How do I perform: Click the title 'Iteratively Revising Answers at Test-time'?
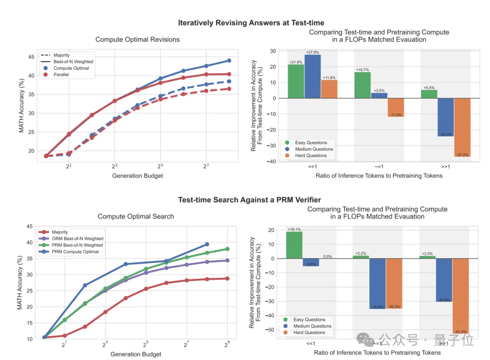(x=251, y=23)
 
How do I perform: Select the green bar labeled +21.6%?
(x=296, y=81)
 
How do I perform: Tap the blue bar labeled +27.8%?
(x=313, y=76)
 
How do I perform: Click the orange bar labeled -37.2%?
(x=462, y=127)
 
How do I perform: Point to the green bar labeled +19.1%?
(x=294, y=245)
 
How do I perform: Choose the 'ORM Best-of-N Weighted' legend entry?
(x=78, y=238)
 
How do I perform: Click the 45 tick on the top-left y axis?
(x=31, y=57)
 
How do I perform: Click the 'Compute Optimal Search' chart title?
(x=136, y=217)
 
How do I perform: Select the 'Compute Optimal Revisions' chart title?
(x=137, y=39)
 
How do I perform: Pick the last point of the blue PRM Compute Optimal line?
(x=207, y=244)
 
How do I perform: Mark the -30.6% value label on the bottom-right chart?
(x=444, y=300)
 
